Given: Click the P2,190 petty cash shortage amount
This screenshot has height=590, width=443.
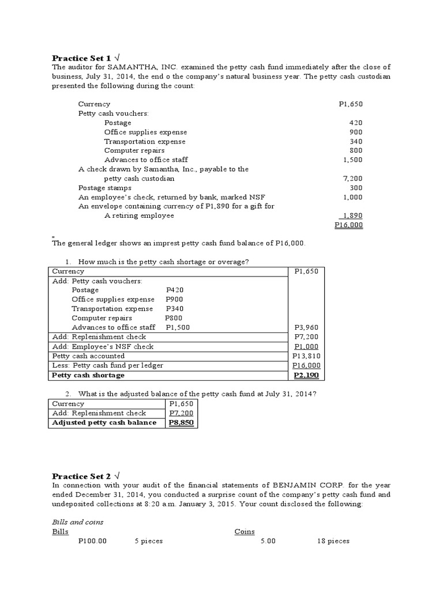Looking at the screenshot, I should [306, 375].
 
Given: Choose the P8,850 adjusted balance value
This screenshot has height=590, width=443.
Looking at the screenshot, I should [181, 422].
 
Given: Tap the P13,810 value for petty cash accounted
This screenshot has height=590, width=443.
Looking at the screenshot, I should [306, 356].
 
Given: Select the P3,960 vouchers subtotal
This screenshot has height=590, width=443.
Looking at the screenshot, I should [307, 327].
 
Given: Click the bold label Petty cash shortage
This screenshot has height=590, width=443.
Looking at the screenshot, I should [88, 375].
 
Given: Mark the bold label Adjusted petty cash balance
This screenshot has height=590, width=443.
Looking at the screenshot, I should [104, 422].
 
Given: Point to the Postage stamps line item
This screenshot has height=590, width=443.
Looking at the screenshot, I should [105, 188].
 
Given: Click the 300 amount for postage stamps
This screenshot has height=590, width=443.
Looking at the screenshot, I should [356, 188].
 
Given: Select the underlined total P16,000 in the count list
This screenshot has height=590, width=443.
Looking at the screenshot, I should [348, 225].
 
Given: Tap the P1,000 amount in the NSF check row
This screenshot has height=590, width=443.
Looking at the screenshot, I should [307, 346].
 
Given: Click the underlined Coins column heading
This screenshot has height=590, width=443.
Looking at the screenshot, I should [245, 532].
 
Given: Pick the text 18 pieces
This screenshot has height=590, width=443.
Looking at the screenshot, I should [333, 541].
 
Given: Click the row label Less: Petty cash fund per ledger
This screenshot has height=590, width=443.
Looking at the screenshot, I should [107, 365].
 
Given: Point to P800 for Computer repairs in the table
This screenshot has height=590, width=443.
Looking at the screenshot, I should [174, 318].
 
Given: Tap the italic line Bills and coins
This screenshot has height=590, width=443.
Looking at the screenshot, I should [78, 522].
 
